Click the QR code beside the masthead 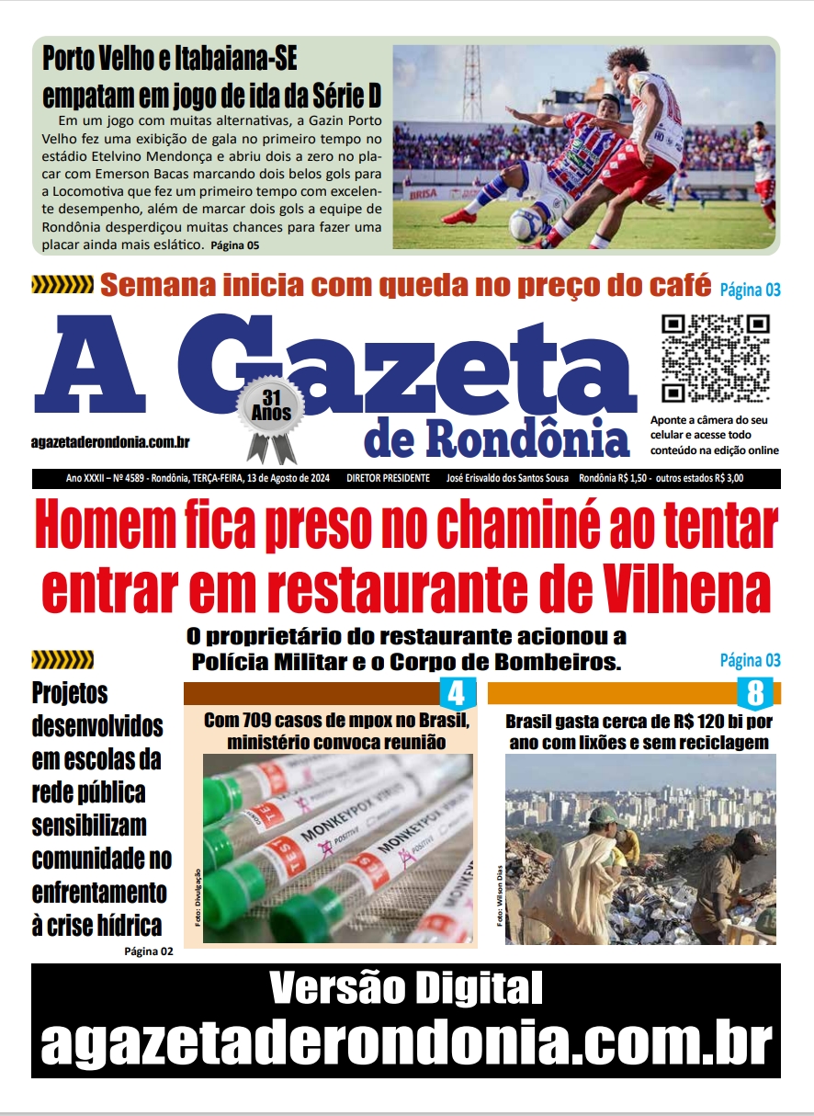click(716, 359)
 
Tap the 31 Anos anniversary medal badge click(270, 418)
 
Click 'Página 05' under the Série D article click(235, 245)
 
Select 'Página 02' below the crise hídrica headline click(148, 951)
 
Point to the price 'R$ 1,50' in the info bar click(635, 479)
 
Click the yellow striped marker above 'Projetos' click(62, 659)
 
